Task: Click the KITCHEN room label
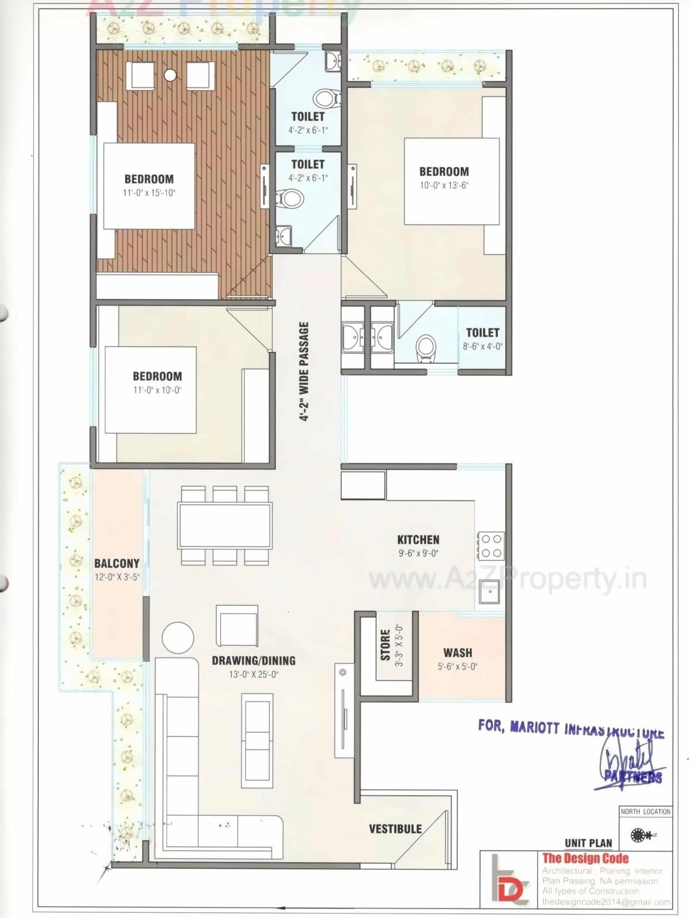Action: [418, 539]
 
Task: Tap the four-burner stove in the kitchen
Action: [491, 545]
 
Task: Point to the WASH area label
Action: [457, 653]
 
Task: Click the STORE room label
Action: [385, 645]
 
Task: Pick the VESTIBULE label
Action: [395, 829]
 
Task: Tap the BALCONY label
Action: [117, 563]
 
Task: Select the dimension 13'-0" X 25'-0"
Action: [253, 674]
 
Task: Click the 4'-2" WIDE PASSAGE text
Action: [304, 371]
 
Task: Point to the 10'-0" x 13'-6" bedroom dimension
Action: [444, 186]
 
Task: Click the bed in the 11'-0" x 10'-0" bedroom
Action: [150, 389]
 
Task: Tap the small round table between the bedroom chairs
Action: [170, 75]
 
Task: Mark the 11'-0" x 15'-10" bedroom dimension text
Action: [149, 193]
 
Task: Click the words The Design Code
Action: [585, 858]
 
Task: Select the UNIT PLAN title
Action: [588, 843]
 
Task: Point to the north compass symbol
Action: [641, 835]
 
